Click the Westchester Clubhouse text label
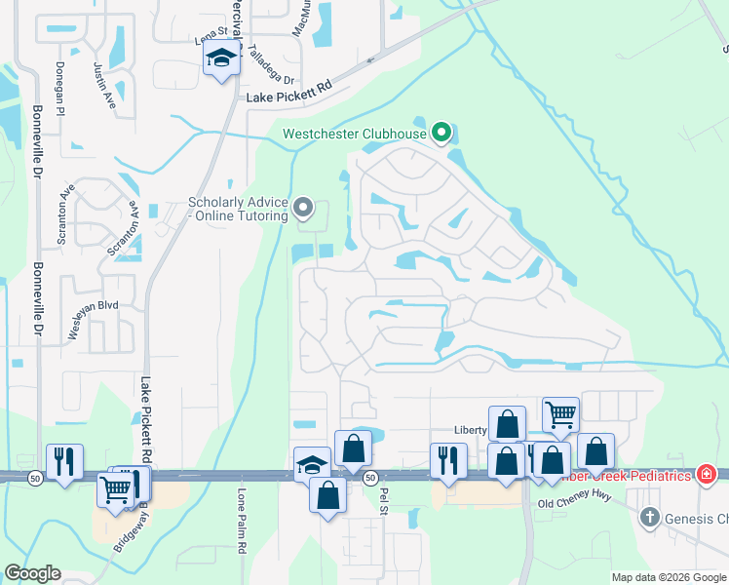pos(354,134)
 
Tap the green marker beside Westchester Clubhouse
pos(441,132)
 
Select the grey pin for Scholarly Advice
pos(303,207)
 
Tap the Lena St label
pos(211,38)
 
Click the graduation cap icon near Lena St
pos(221,58)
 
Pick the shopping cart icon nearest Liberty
pos(560,414)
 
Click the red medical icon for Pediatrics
pos(706,475)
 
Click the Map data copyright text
pos(669,577)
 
